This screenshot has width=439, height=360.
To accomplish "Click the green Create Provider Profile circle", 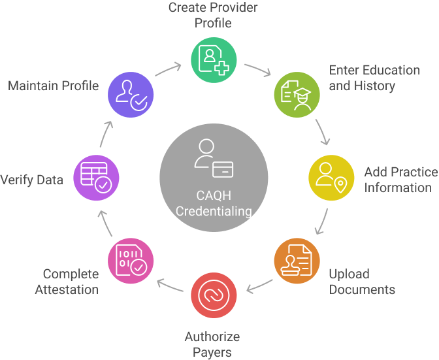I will (214, 59).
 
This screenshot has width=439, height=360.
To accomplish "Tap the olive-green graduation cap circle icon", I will (297, 93).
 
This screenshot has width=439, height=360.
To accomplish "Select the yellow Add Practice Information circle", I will (331, 176).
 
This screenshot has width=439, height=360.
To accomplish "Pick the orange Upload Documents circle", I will (297, 260).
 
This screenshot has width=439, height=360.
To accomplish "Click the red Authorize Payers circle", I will (214, 295).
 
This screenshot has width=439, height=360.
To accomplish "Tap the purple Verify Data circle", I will (97, 176).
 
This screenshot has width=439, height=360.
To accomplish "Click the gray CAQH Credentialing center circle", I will (214, 176).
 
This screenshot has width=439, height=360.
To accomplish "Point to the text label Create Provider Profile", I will (213, 15).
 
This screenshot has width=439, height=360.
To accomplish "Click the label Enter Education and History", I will (374, 78).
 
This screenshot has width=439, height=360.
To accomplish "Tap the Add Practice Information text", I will (400, 180).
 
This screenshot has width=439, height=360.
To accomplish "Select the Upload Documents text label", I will (362, 281).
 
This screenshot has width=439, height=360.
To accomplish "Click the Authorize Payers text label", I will (212, 344).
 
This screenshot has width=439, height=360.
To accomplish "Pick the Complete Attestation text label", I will (71, 282).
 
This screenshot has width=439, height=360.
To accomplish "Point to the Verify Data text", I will (32, 180).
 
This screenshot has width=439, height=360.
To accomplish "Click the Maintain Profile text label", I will (54, 86).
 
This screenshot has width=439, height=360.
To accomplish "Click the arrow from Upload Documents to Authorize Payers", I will (259, 284).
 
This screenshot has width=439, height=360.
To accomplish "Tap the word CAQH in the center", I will (214, 195).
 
